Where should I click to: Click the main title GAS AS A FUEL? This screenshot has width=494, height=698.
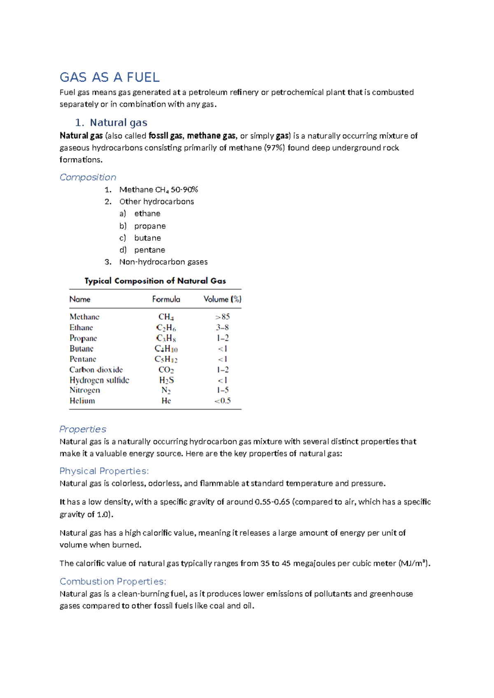110,77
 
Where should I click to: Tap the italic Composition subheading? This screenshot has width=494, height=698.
88,177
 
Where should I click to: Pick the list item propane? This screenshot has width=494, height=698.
150,226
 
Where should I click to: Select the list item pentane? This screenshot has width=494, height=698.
149,250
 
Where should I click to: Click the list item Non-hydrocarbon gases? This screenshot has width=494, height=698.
163,262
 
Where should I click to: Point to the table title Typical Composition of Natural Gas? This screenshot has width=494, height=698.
155,281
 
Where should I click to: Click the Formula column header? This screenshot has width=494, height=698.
166,299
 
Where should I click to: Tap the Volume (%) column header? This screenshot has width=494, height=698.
222,299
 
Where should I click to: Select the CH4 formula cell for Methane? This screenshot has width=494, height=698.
166,317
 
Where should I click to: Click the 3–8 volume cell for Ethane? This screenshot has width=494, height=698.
222,328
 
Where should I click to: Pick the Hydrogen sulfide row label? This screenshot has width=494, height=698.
99,380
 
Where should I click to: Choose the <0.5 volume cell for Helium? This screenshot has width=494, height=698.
222,401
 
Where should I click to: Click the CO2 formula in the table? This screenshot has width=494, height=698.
166,370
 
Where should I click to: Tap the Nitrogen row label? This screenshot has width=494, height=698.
85,390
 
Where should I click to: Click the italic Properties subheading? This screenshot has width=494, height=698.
83,429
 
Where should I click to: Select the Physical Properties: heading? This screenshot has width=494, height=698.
104,471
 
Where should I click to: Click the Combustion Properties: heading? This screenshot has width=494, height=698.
113,582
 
